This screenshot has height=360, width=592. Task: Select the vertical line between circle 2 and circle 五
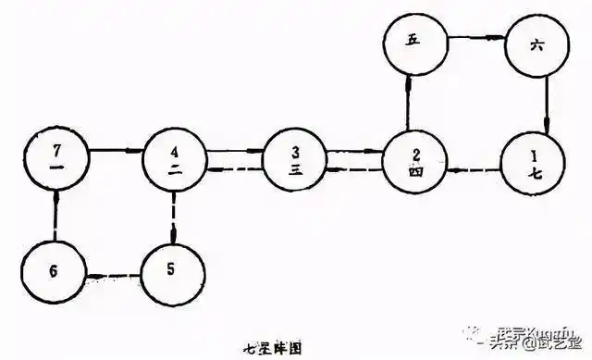pyautogui.click(x=407, y=102)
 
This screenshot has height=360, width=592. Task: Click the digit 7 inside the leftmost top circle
pyautogui.click(x=57, y=149)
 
